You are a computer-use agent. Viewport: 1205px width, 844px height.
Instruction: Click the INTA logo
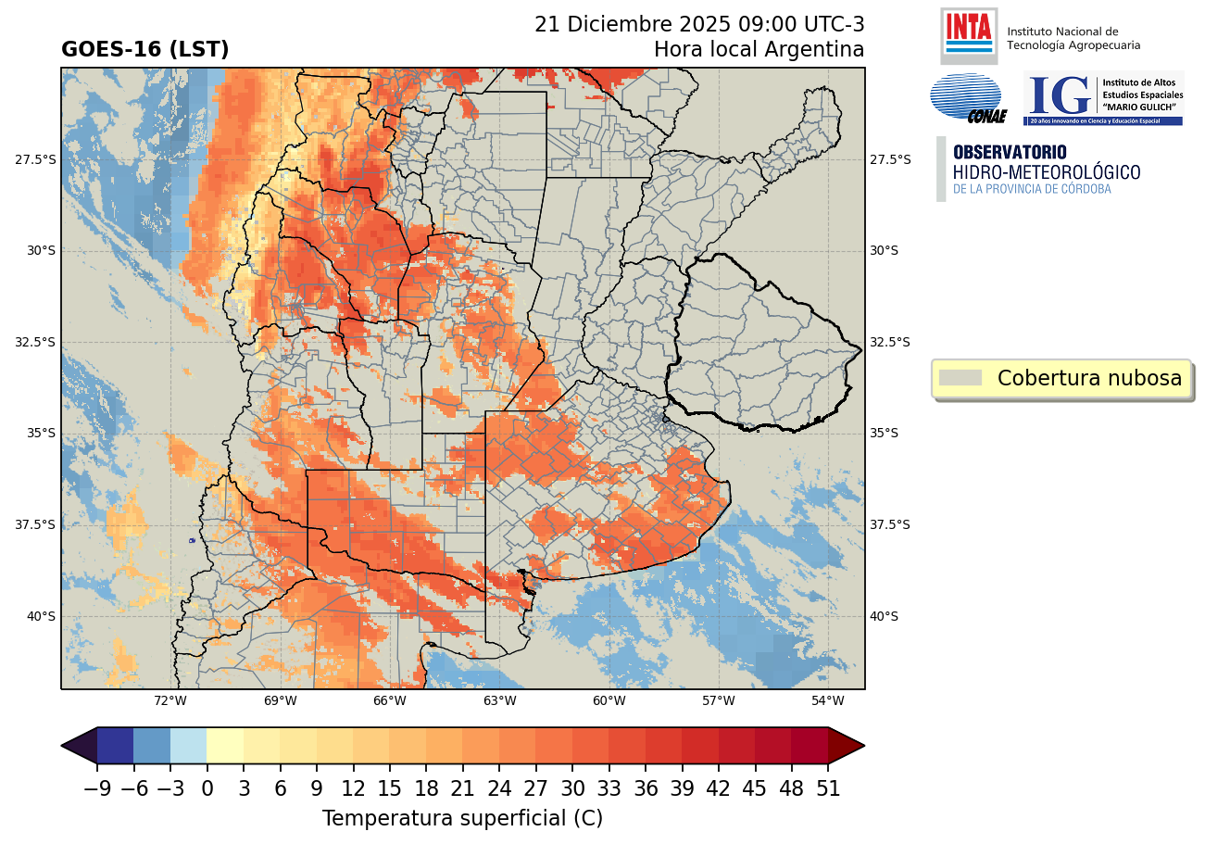(x=969, y=34)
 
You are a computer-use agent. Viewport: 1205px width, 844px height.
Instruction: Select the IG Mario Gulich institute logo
(x=1102, y=98)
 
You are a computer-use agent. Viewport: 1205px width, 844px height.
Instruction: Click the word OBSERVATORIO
(x=1010, y=152)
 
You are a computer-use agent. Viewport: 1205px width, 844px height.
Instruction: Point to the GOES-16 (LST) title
(x=144, y=50)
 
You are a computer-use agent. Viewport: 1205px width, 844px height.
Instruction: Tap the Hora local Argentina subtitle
(x=759, y=50)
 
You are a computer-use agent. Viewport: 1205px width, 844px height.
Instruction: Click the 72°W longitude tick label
(x=170, y=700)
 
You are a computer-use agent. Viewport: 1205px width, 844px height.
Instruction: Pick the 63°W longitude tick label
(x=499, y=700)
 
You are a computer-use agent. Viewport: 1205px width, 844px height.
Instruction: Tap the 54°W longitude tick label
(x=827, y=700)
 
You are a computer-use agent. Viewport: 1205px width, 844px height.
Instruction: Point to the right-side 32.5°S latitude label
(x=890, y=342)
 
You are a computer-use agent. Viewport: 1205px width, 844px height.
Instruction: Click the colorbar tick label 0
(x=207, y=789)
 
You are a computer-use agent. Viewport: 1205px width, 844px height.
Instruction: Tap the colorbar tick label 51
(x=828, y=789)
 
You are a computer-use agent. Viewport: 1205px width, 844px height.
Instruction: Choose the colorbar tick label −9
(x=97, y=789)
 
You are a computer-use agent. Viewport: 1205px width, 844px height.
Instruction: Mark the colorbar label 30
(x=572, y=789)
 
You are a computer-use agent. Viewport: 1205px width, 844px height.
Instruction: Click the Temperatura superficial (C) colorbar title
(x=462, y=819)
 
